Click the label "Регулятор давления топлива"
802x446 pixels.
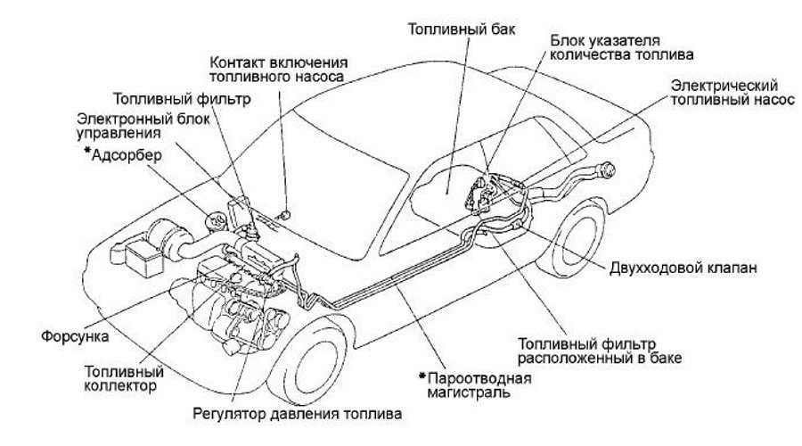tap(297, 414)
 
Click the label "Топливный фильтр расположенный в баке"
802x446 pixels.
tap(600, 351)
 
